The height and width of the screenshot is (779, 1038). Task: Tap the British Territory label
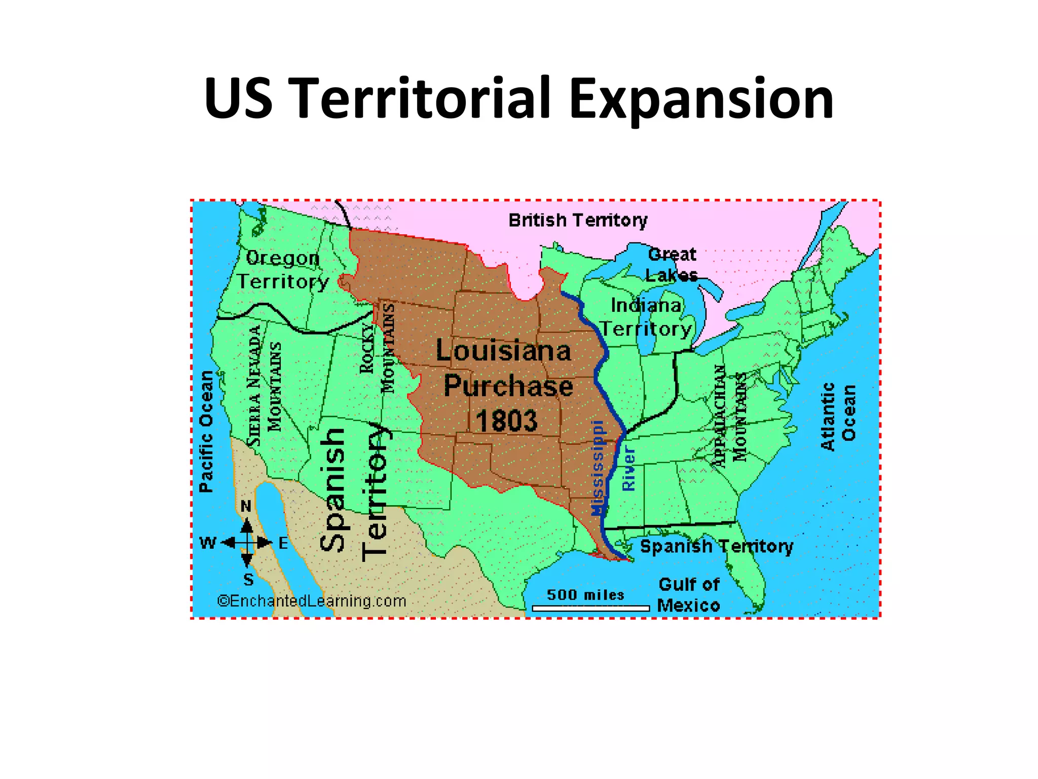point(578,221)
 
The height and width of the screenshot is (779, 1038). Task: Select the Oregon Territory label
point(283,270)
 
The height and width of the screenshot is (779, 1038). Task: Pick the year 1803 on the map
point(506,421)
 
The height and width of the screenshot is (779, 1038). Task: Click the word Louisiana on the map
point(503,351)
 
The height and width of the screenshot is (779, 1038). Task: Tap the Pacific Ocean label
point(206,432)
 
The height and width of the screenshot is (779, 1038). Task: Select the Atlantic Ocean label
point(838,416)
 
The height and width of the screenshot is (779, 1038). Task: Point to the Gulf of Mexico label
point(689,595)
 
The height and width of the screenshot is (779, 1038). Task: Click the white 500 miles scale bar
point(590,608)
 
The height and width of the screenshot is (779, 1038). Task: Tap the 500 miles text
point(585,595)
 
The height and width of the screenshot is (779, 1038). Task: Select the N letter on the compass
point(246,506)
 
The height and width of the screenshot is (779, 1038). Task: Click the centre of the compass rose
point(247,543)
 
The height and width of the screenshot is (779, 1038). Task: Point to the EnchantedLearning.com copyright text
point(312,601)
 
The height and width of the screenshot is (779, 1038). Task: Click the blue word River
point(628,468)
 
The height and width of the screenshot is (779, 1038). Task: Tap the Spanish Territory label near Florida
point(716,547)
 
